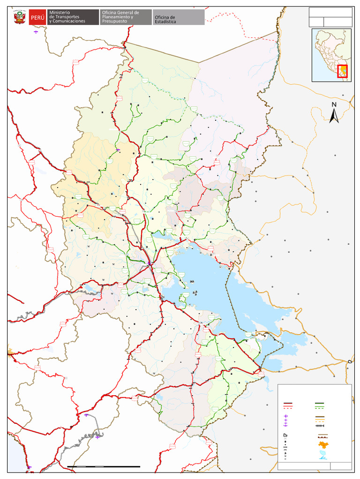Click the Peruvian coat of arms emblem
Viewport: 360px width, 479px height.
pos(20,17)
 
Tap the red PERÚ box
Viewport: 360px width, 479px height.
pos(37,17)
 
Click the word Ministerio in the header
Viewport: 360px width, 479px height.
pos(60,12)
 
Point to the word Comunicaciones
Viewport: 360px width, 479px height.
pos(69,22)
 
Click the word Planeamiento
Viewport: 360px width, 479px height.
pos(117,17)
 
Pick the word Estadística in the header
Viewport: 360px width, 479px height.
pos(165,22)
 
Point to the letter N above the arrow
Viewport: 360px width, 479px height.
pos(334,105)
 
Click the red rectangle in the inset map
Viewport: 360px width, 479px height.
pos(342,71)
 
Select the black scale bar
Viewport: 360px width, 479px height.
pos(104,466)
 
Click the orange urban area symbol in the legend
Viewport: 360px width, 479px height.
pos(322,444)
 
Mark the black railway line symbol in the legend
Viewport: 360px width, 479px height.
pos(320,426)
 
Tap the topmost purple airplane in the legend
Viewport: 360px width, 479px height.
pos(285,416)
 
